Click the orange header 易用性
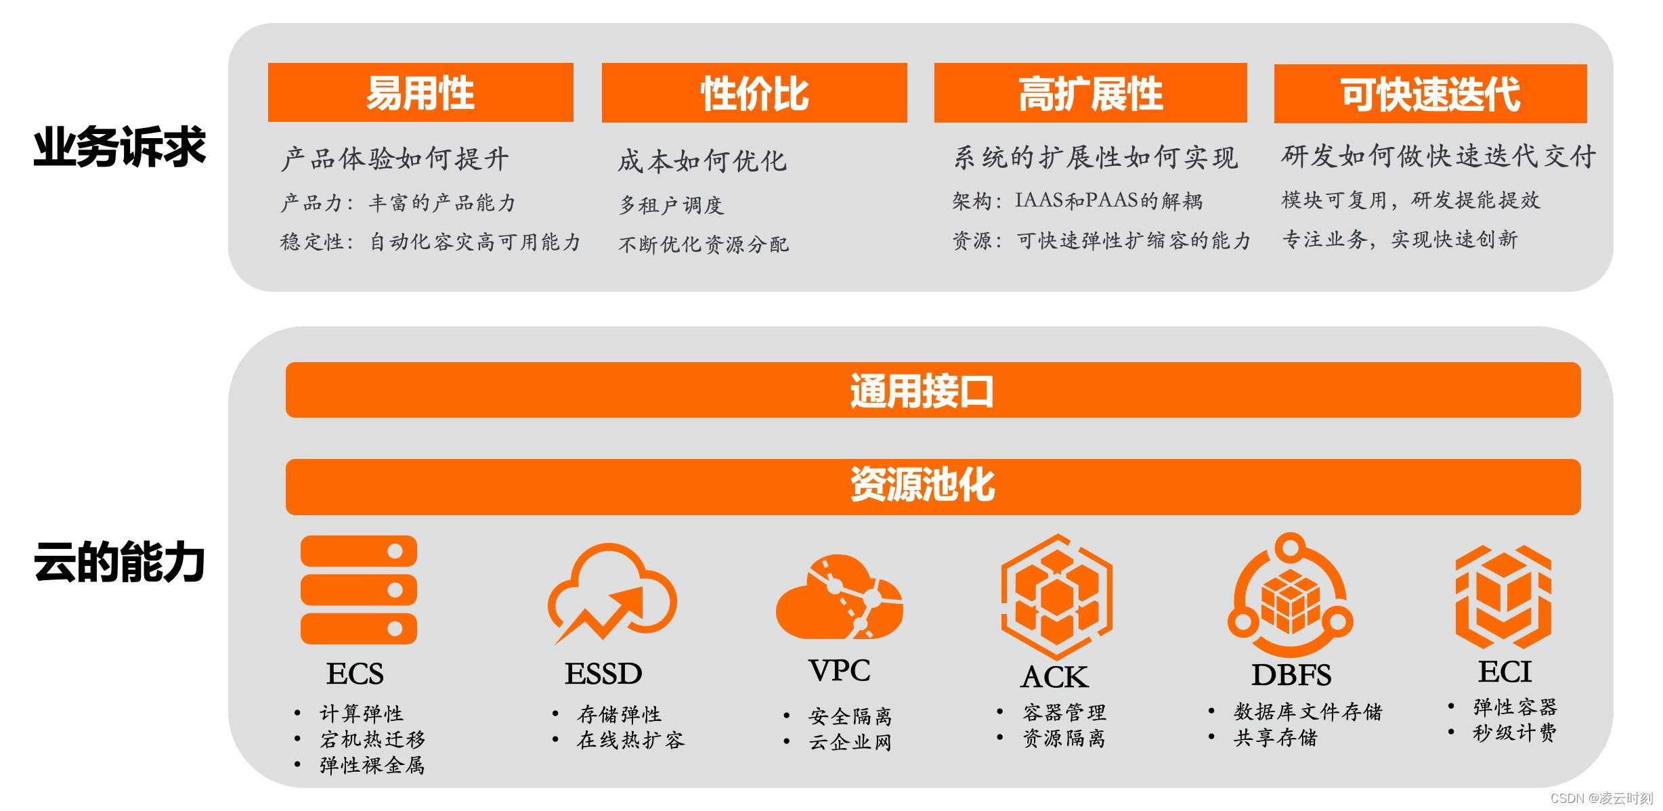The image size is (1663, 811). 420,93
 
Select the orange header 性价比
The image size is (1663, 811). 754,93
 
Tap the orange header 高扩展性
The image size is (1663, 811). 1090,93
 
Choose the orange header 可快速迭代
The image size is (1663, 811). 1430,93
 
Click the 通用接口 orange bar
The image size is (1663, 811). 932,390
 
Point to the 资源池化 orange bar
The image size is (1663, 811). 932,486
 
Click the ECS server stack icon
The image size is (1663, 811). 358,590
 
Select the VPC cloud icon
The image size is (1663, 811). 839,597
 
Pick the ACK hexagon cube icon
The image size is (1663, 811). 1056,596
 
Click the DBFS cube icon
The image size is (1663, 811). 1290,596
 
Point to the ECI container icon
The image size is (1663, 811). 1503,597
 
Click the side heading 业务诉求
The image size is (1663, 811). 119,147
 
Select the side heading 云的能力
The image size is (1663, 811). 119,562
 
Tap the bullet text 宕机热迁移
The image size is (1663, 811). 372,739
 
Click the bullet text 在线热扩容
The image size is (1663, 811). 630,740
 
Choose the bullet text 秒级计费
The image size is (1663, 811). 1514,732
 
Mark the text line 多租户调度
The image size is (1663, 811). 671,204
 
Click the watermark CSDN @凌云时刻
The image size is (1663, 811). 1601,799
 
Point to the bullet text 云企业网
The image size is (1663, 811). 850,743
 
